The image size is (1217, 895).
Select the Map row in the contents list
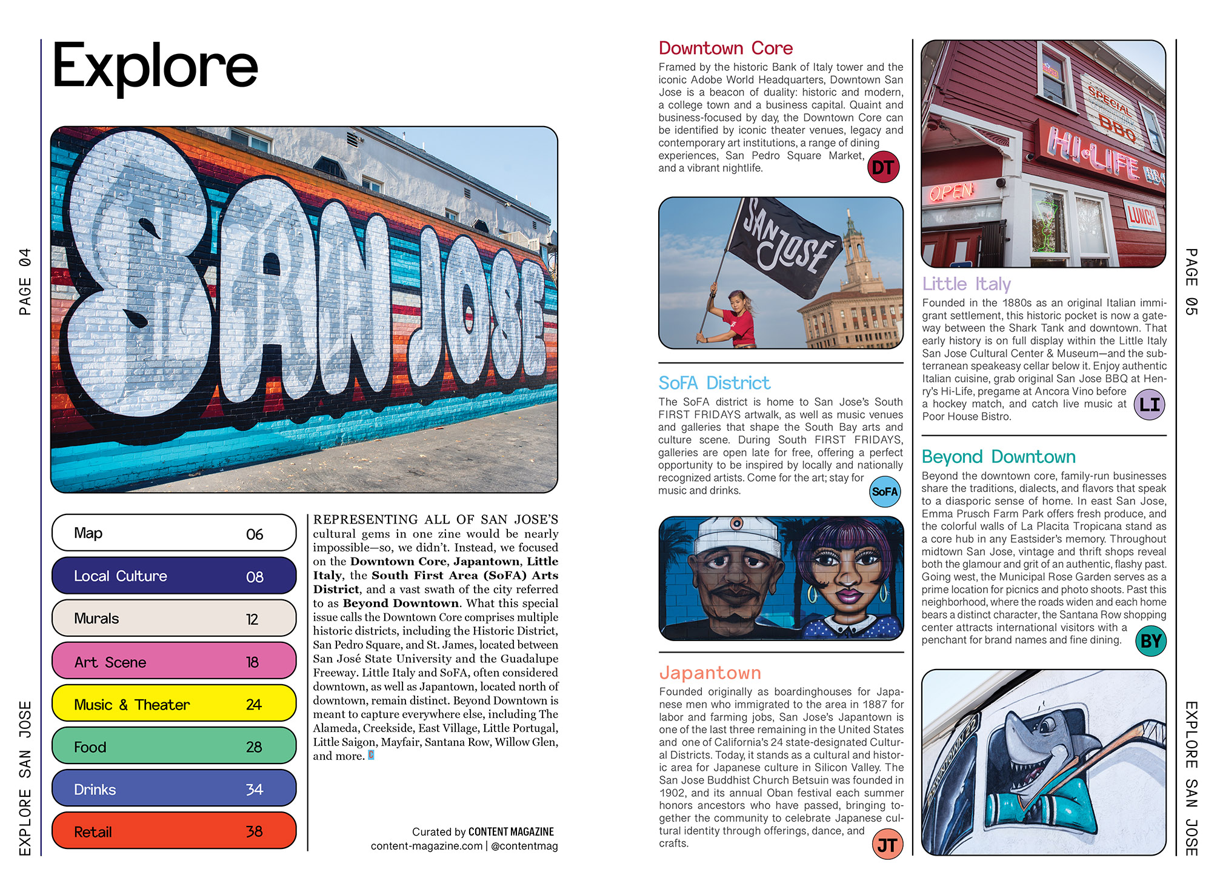tap(174, 533)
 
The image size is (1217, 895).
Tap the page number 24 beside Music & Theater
tap(254, 704)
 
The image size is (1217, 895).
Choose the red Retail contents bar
tap(174, 831)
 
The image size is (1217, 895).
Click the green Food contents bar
tap(174, 746)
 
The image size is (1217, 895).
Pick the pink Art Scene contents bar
tap(174, 661)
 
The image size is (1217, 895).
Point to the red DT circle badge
tap(883, 167)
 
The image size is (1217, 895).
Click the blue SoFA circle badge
tap(884, 491)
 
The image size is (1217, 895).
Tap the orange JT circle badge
tap(887, 845)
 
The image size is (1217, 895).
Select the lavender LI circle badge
tap(1149, 404)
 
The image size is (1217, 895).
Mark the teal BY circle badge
tap(1150, 640)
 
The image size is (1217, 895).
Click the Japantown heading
tap(710, 673)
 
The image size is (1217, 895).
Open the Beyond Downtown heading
tap(998, 456)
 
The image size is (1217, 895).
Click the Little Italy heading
tap(966, 284)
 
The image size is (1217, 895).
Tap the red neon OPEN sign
tap(952, 192)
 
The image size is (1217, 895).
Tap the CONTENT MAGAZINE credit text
tap(511, 831)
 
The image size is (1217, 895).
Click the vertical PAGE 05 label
tap(1191, 282)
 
